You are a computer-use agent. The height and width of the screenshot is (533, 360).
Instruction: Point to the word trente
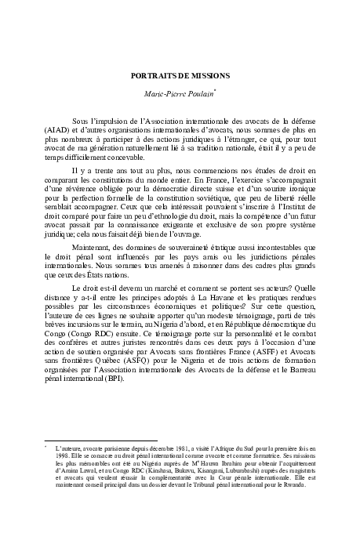[x=115, y=170]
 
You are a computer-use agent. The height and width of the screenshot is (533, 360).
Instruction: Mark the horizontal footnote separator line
[x=101, y=440]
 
